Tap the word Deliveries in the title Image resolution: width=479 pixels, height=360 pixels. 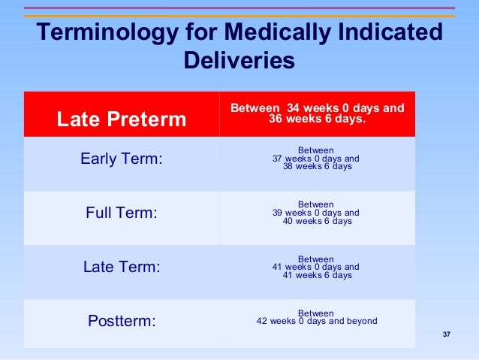239,61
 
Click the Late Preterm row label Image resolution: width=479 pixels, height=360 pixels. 122,119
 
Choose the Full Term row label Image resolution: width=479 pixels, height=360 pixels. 122,213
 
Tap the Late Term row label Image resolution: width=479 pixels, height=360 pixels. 122,267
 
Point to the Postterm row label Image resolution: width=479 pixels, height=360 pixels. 122,321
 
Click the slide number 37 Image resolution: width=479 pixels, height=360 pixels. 447,334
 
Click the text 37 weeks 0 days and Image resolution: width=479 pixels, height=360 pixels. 316,159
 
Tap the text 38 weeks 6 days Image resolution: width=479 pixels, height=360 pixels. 316,167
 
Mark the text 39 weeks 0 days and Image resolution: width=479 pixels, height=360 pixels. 316,213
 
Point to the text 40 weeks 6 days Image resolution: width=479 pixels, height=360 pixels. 316,221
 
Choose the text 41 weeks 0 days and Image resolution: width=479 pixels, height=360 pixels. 316,267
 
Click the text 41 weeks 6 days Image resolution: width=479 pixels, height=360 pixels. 316,275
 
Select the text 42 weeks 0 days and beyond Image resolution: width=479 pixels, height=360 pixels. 316,321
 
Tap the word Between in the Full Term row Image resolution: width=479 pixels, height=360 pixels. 316,204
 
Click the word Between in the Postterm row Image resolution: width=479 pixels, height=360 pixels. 316,313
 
